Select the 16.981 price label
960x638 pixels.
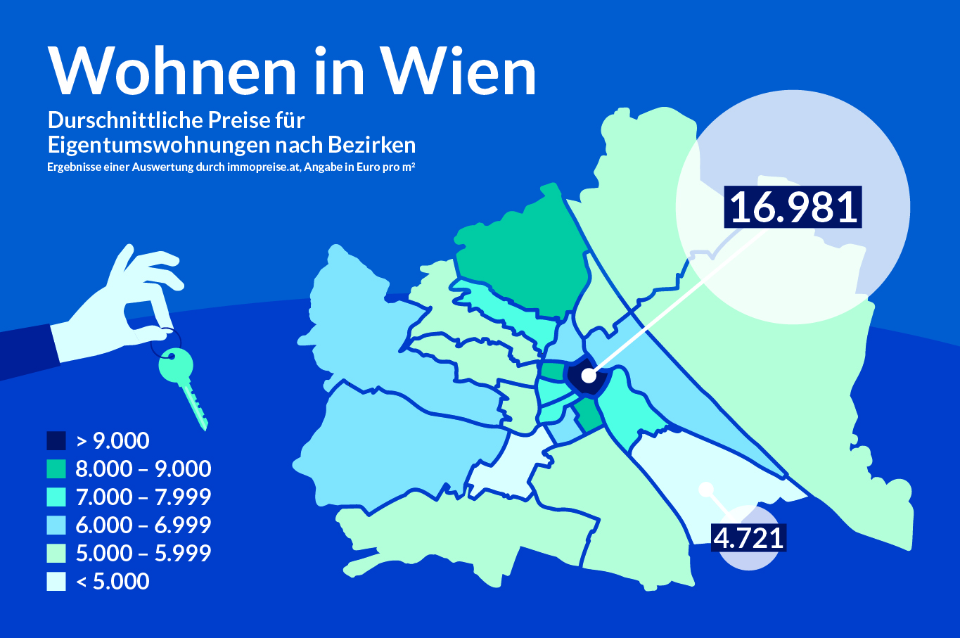pyautogui.click(x=793, y=208)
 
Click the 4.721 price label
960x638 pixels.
pyautogui.click(x=748, y=538)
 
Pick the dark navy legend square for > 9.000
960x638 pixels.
pyautogui.click(x=56, y=441)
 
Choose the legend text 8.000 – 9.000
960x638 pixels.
pyautogui.click(x=143, y=469)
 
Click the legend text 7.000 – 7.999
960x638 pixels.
pyautogui.click(x=143, y=497)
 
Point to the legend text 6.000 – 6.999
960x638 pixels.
pyautogui.click(x=143, y=525)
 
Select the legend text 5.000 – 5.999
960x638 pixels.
pyautogui.click(x=143, y=554)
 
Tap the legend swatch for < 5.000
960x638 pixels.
pyautogui.click(x=56, y=582)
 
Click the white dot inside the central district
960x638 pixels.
pyautogui.click(x=589, y=376)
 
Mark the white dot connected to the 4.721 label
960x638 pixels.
pyautogui.click(x=706, y=489)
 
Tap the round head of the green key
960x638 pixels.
pyautogui.click(x=175, y=364)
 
